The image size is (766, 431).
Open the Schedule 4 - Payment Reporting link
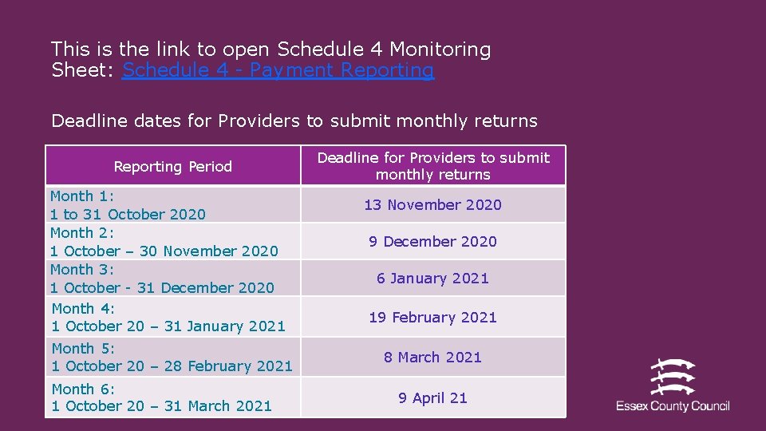(x=278, y=70)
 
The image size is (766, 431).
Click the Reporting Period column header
(x=172, y=167)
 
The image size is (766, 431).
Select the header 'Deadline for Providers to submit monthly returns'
(x=433, y=166)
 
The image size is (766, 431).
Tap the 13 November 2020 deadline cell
(x=432, y=205)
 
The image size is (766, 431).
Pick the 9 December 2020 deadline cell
(x=432, y=242)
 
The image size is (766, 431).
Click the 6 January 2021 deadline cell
(x=432, y=279)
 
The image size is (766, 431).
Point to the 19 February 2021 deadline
(x=432, y=318)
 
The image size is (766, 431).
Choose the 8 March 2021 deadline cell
(x=432, y=358)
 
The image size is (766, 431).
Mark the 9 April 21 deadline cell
(x=432, y=398)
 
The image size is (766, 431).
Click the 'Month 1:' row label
(x=82, y=196)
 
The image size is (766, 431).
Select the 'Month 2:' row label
(x=82, y=233)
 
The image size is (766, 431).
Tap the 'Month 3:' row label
(x=82, y=270)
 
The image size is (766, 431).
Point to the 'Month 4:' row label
(x=84, y=308)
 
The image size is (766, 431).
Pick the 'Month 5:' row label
(x=84, y=349)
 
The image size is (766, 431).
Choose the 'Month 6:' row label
(x=84, y=389)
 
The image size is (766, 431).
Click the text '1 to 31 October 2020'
(x=128, y=215)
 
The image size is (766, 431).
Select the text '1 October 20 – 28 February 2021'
(x=172, y=366)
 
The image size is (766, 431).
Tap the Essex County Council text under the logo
(x=673, y=406)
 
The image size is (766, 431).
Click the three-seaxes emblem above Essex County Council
(x=673, y=377)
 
